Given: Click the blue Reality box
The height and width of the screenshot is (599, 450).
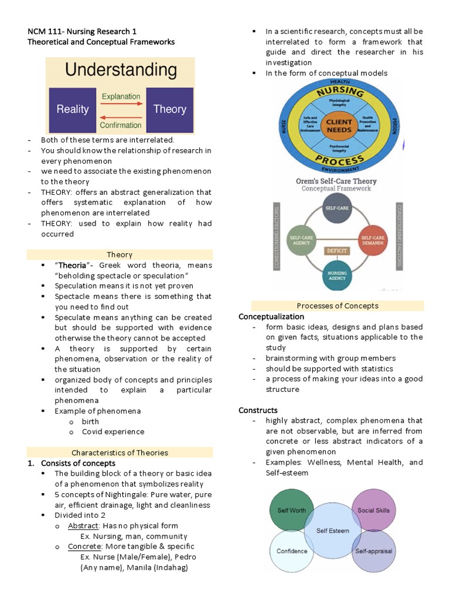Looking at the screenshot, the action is point(73,109).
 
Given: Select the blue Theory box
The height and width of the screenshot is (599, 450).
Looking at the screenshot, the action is point(169,109).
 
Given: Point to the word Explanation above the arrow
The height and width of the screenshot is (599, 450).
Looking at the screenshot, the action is point(121,97).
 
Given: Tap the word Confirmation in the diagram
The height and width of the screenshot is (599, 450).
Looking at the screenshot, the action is point(121,125).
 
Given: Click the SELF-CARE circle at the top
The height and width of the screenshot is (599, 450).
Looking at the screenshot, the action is point(337,209).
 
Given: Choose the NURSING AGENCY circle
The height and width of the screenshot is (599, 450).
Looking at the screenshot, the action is point(337,275).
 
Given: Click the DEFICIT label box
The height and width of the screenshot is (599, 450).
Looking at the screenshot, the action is point(337,251).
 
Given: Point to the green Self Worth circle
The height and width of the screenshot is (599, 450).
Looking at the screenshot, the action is point(291,511).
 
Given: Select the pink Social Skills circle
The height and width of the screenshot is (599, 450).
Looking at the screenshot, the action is point(373,511).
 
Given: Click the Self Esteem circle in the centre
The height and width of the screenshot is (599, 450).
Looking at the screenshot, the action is point(332,531).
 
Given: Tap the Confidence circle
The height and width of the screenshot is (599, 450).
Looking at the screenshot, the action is point(291,551).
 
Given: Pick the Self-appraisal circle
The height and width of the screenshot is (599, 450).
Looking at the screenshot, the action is point(373,551).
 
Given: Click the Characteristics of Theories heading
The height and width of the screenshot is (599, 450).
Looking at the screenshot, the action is point(120,453).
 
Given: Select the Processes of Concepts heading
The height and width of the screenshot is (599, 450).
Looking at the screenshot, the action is point(337,306).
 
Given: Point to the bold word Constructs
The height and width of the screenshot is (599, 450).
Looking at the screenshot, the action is point(258,411).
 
